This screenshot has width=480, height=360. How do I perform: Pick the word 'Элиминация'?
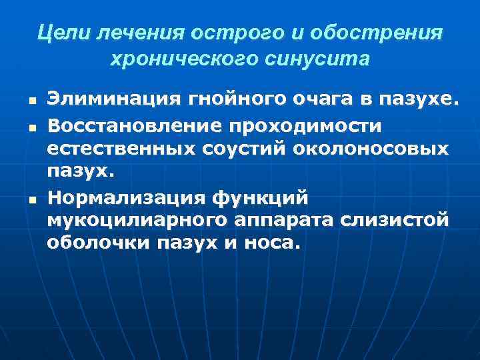106,100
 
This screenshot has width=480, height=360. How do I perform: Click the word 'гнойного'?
228,100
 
